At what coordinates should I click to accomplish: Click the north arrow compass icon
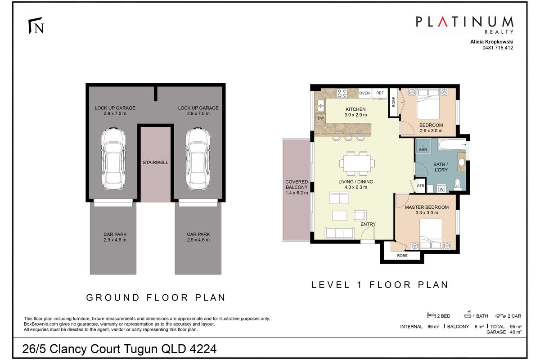pyautogui.click(x=37, y=27)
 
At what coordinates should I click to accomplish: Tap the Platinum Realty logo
pyautogui.click(x=464, y=24)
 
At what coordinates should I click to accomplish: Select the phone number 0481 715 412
pyautogui.click(x=497, y=48)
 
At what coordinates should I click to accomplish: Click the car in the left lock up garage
pyautogui.click(x=111, y=159)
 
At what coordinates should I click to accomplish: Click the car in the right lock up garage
pyautogui.click(x=198, y=159)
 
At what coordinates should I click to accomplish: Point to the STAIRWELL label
pyautogui.click(x=155, y=162)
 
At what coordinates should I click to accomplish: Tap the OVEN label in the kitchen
pyautogui.click(x=364, y=93)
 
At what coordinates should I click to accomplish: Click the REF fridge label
pyautogui.click(x=380, y=93)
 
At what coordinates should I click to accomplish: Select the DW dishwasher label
pyautogui.click(x=321, y=118)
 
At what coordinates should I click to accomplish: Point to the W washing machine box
pyautogui.click(x=441, y=189)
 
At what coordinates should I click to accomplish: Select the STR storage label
pyautogui.click(x=421, y=185)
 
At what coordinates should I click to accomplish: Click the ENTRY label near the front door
pyautogui.click(x=368, y=224)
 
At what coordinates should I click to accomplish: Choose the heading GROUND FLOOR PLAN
pyautogui.click(x=156, y=297)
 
